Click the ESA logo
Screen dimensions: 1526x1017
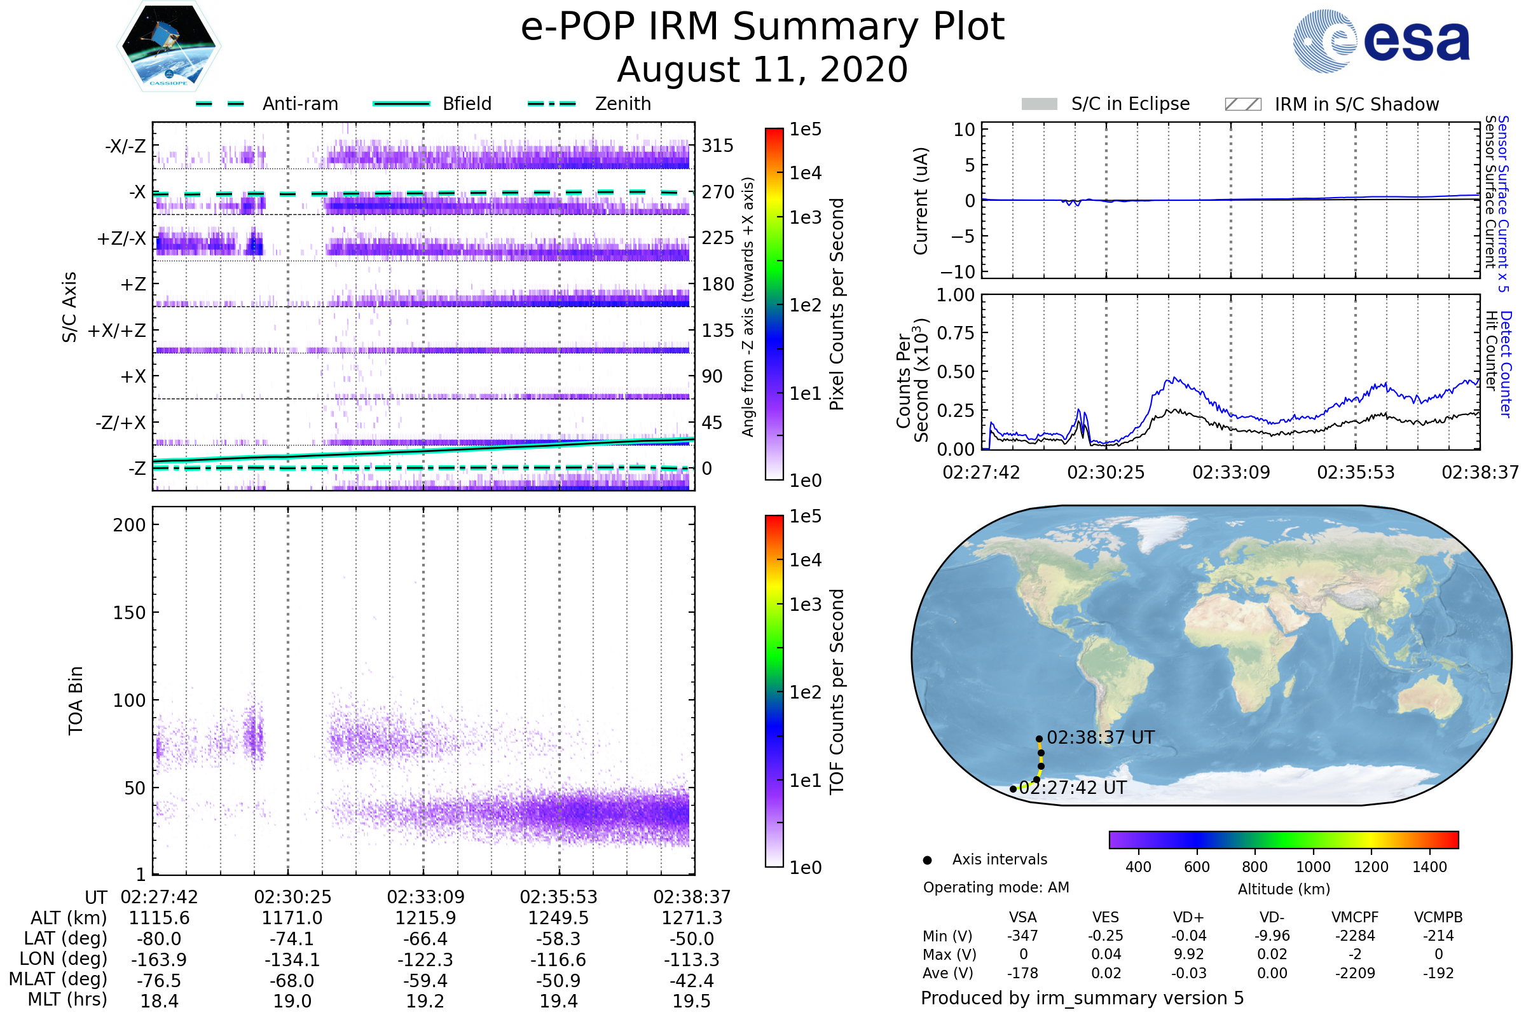coord(1381,40)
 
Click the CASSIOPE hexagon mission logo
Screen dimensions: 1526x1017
coord(168,46)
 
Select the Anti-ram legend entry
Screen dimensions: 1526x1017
coord(266,104)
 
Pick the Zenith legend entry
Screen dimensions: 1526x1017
coord(589,104)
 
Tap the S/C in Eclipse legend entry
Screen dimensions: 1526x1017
coord(1106,104)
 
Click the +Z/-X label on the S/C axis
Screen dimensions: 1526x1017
coord(121,239)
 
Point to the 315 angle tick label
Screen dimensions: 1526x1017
coord(718,146)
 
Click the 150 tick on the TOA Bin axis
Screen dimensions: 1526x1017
coord(129,613)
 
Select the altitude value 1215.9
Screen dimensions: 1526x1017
coord(425,918)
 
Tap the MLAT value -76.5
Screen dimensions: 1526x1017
coord(160,981)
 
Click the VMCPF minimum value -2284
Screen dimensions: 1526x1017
coord(1355,936)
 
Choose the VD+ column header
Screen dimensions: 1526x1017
coord(1188,918)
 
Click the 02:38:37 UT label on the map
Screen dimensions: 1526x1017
coord(1101,737)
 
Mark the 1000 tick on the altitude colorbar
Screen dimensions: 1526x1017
coord(1313,867)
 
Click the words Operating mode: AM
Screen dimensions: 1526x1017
coord(996,887)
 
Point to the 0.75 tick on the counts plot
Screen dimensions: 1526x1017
coord(956,332)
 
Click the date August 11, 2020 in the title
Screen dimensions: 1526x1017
coord(762,69)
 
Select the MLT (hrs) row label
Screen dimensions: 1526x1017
coord(67,999)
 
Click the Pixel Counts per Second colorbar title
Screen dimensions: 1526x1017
coord(837,304)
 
